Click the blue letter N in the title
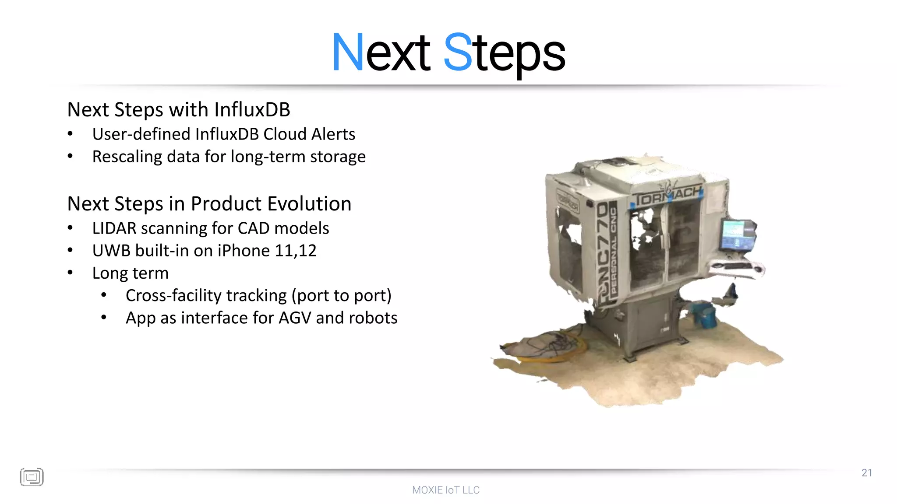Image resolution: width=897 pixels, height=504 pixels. pos(348,52)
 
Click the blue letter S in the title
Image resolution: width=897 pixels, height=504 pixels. pos(458,52)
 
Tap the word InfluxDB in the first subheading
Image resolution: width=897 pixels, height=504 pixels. pos(252,110)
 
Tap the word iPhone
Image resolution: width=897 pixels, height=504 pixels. pos(244,251)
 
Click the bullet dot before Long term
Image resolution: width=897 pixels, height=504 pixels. pos(71,273)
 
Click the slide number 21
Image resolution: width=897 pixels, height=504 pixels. pos(866,473)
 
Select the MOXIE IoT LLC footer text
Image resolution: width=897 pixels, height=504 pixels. pos(446,490)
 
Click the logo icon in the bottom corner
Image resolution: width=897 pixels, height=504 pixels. pos(32,477)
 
